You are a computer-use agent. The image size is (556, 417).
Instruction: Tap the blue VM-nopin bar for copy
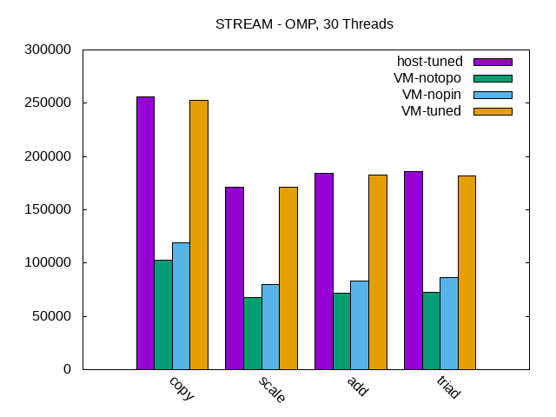[181, 306]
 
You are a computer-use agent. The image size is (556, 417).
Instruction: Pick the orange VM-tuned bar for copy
[199, 235]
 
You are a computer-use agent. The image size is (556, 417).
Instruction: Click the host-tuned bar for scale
[235, 278]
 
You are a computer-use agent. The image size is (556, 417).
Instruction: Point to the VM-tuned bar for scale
[288, 278]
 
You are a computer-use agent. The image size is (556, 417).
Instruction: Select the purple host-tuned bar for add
[324, 271]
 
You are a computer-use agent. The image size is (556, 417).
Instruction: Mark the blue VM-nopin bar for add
[360, 325]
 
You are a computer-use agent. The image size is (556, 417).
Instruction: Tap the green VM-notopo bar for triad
[431, 330]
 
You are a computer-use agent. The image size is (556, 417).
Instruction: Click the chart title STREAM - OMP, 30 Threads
[304, 24]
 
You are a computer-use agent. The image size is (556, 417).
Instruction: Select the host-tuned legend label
[429, 62]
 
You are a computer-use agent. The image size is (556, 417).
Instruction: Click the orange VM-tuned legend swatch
[493, 111]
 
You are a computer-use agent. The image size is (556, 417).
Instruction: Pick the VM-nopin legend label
[431, 95]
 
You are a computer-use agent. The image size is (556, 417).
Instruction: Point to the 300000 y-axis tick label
[49, 50]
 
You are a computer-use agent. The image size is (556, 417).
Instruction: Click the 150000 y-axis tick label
[49, 209]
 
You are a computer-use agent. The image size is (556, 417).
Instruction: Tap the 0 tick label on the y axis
[66, 369]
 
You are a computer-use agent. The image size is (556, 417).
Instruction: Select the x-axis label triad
[448, 388]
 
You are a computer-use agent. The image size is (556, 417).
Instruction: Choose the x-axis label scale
[271, 390]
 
